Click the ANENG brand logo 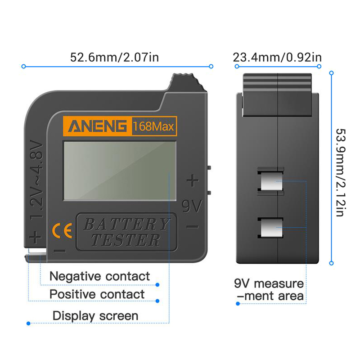point(97,126)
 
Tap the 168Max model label point(153,126)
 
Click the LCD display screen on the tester point(120,171)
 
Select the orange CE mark point(62,230)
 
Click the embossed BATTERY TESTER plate point(126,232)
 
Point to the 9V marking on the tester point(192,206)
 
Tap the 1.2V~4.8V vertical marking point(36,180)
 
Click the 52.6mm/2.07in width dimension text point(114,57)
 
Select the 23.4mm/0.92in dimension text point(277,57)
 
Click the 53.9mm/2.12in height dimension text point(341,172)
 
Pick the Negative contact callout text point(99,276)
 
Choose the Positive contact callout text point(97,294)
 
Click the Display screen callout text point(95,316)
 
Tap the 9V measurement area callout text point(269,290)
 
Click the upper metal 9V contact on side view point(271,181)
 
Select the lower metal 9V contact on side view point(271,228)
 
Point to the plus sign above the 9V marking point(193,180)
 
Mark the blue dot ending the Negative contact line point(157,285)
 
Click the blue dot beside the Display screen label point(28,324)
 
